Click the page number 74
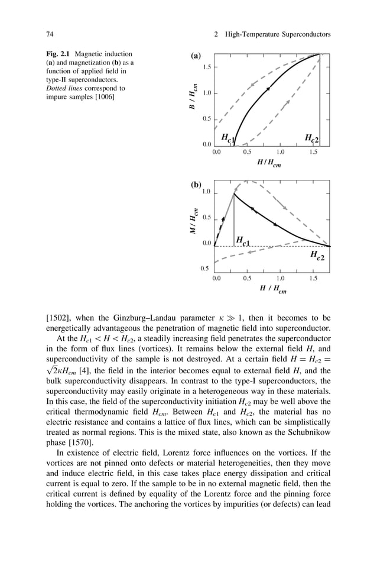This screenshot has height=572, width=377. tap(50, 34)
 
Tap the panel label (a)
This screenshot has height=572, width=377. tap(196, 56)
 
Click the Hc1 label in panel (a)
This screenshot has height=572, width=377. tap(228, 138)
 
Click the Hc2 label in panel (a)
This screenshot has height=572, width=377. tap(311, 138)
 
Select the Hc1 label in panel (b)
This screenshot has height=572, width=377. tap(242, 240)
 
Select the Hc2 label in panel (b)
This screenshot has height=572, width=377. tap(317, 256)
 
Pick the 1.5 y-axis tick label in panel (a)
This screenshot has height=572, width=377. tap(207, 67)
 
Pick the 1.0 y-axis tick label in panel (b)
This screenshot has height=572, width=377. tap(206, 192)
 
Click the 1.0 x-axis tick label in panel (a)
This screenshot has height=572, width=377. tap(280, 152)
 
